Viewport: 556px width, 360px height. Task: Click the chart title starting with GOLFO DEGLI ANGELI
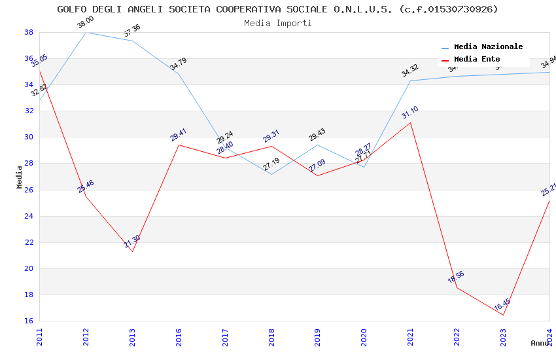pyautogui.click(x=277, y=9)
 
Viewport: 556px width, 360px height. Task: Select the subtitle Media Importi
pyautogui.click(x=277, y=23)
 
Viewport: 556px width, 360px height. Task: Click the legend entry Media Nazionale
pyautogui.click(x=488, y=46)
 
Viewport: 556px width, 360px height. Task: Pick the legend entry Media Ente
pyautogui.click(x=477, y=59)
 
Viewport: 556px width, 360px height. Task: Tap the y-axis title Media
pyautogui.click(x=20, y=177)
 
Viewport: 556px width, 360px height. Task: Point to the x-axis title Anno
pyautogui.click(x=540, y=343)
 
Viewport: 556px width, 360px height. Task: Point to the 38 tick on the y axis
pyautogui.click(x=29, y=32)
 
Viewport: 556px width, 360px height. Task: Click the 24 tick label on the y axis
pyautogui.click(x=29, y=216)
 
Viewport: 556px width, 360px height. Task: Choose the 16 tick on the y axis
pyautogui.click(x=29, y=321)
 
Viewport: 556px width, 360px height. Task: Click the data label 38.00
pyautogui.click(x=86, y=23)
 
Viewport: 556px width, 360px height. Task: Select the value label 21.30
pyautogui.click(x=132, y=242)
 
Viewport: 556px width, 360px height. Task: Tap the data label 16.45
pyautogui.click(x=502, y=305)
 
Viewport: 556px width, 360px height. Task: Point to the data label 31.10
pyautogui.click(x=410, y=113)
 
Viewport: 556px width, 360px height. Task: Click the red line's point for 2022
pyautogui.click(x=457, y=287)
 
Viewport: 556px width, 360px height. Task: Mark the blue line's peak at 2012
pyautogui.click(x=86, y=32)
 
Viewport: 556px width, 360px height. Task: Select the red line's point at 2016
pyautogui.click(x=179, y=145)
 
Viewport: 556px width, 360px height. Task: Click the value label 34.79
pyautogui.click(x=178, y=64)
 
